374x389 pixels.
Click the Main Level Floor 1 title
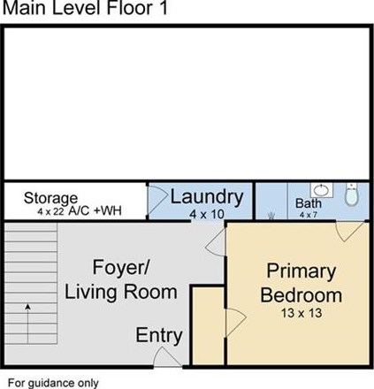click(85, 8)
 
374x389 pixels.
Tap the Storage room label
click(50, 198)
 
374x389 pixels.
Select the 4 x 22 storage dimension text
click(50, 211)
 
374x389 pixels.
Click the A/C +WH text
click(95, 211)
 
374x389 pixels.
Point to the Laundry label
click(207, 198)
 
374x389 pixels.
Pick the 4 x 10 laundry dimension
click(207, 214)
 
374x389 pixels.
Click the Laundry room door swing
click(157, 201)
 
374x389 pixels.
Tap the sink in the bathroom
click(321, 190)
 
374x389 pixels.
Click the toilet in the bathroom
click(351, 194)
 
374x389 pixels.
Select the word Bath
click(309, 203)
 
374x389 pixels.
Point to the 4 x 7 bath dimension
click(309, 215)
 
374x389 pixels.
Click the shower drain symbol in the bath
click(271, 216)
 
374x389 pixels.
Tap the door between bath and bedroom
click(349, 232)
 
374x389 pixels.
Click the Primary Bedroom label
click(301, 283)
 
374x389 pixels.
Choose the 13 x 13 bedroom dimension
click(301, 313)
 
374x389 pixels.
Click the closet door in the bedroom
click(236, 323)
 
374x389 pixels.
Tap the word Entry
click(159, 336)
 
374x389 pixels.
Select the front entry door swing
click(167, 357)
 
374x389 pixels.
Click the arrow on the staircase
click(28, 324)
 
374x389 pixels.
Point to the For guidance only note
click(53, 383)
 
